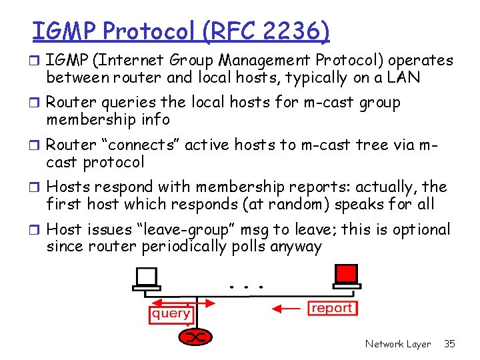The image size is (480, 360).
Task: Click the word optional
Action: tap(421, 230)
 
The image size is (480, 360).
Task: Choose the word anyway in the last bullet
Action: tap(296, 247)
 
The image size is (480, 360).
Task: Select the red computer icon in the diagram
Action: tap(345, 275)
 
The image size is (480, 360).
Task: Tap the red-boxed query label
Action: tap(171, 313)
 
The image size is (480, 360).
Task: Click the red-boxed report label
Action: tap(332, 308)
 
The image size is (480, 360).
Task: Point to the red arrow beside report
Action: tap(289, 309)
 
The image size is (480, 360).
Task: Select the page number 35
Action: tap(449, 344)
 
